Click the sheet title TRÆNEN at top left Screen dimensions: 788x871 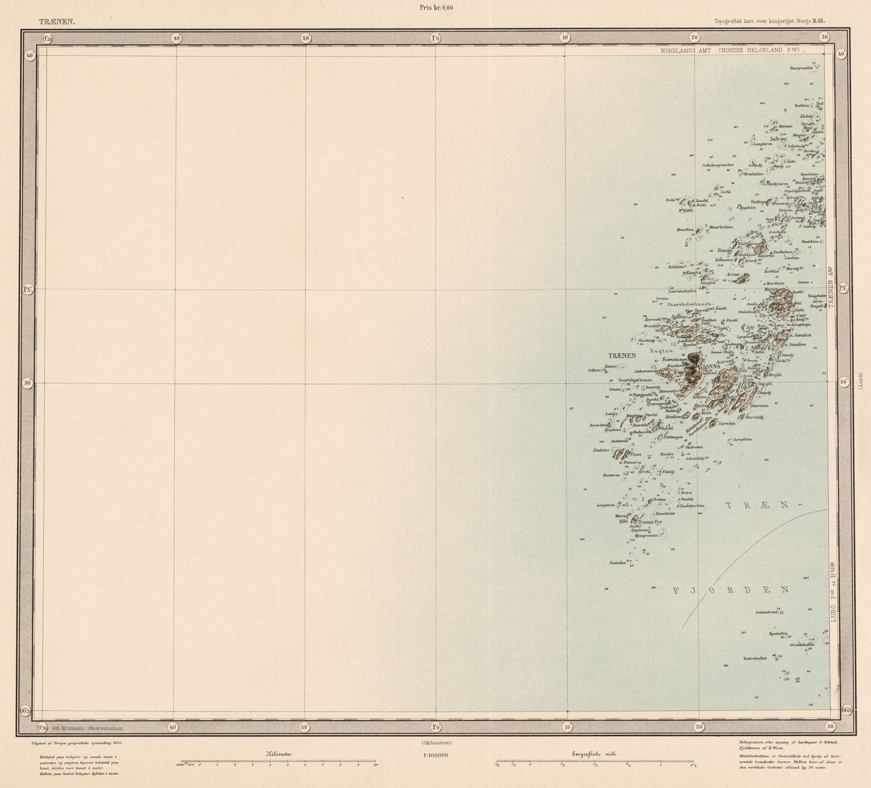57,21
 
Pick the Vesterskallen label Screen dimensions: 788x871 755,658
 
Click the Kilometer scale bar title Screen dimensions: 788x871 278,754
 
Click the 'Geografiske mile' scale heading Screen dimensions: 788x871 594,754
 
